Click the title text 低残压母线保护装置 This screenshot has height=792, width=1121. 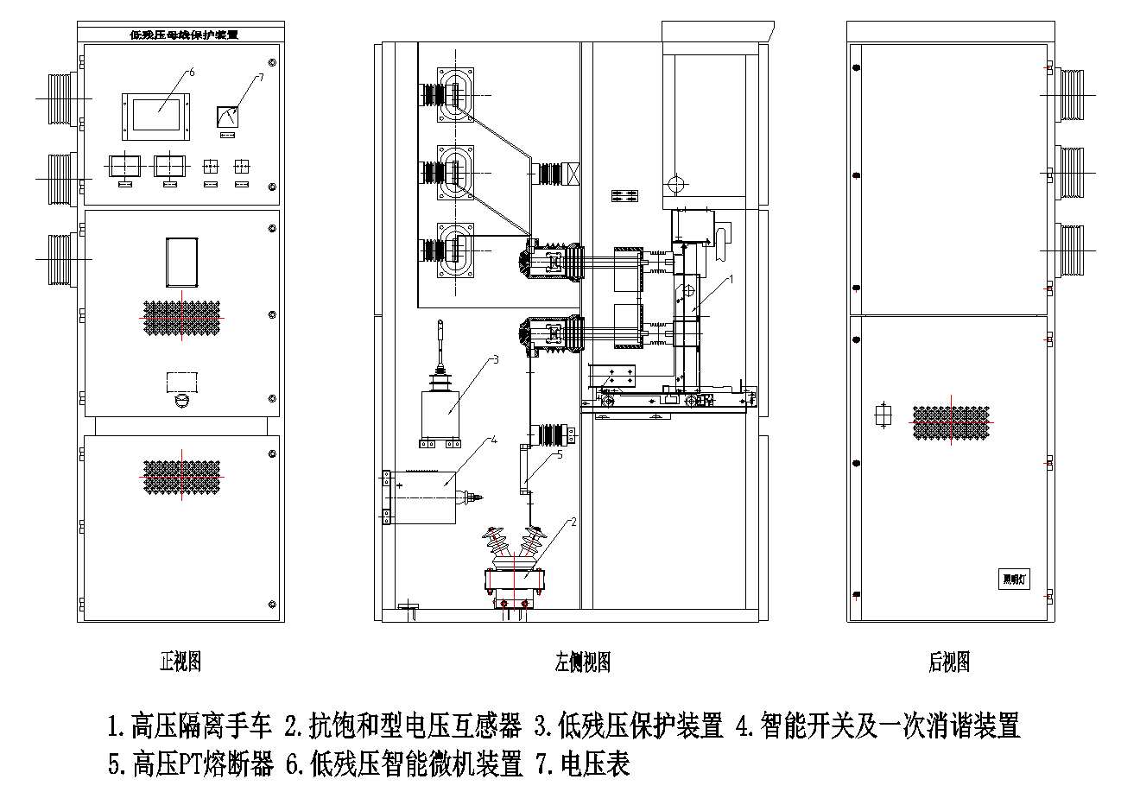coord(183,35)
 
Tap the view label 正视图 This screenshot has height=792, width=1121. coord(180,662)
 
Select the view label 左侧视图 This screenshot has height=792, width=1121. coord(583,662)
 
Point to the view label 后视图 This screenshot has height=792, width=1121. coord(949,662)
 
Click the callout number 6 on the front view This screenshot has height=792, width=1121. coord(192,73)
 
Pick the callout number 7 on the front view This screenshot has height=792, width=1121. coord(261,78)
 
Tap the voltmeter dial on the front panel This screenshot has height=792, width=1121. coord(228,116)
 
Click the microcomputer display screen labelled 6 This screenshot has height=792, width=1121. coord(155,114)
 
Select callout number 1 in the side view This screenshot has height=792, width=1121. coord(731,279)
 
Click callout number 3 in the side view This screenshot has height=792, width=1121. coord(496,358)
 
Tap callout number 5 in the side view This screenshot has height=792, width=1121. coord(560,454)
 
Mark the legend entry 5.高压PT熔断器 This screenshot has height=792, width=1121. coord(190,763)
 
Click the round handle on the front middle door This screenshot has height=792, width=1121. coord(181,401)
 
